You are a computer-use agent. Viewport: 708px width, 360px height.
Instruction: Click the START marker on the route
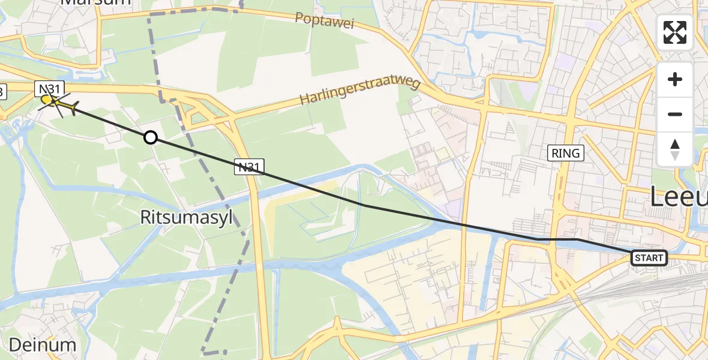[649, 258]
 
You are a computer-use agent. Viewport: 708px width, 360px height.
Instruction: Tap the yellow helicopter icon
[57, 104]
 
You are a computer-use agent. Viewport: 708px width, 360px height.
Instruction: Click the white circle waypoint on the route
[151, 138]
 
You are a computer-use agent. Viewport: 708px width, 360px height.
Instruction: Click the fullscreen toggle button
[675, 32]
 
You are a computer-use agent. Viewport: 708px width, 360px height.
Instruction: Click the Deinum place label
[43, 344]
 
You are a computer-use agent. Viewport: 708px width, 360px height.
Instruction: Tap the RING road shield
[566, 153]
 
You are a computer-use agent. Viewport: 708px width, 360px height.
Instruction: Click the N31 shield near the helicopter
[48, 89]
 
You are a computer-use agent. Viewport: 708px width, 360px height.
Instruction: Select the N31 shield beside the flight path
[249, 167]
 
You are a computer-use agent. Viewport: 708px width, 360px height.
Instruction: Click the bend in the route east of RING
[577, 239]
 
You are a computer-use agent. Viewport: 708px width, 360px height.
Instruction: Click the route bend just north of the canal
[364, 205]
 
